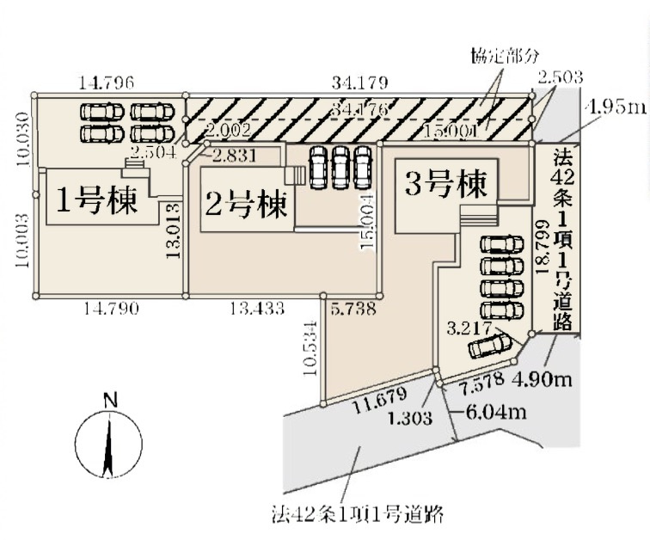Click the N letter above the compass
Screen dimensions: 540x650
click(109, 400)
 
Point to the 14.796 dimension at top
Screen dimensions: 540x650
click(105, 83)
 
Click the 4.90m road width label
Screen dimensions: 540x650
click(543, 377)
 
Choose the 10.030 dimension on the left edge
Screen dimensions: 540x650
click(24, 138)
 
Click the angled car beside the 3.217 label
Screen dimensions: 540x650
click(489, 346)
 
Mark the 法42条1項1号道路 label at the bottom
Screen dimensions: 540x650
click(353, 515)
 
